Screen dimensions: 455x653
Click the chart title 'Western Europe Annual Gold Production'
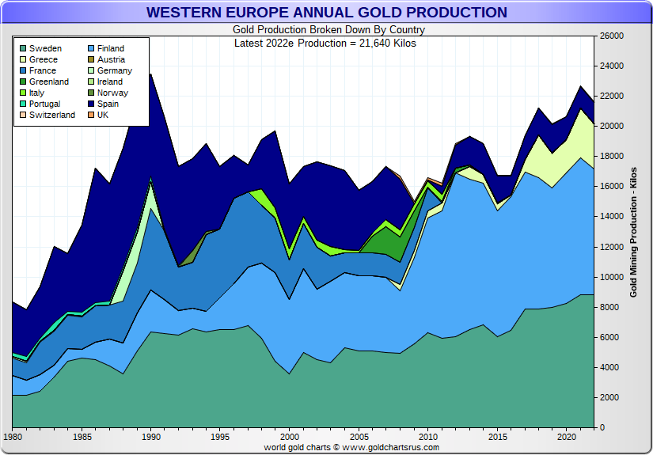point(327,13)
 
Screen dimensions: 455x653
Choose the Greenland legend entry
point(49,82)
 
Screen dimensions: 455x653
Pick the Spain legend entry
point(108,104)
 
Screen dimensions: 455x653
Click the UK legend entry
point(103,115)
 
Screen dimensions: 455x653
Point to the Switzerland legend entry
point(51,115)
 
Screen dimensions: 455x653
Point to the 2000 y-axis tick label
point(610,397)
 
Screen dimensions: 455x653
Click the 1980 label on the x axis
point(13,437)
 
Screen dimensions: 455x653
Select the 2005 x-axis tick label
point(359,437)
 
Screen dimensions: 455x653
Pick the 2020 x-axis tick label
point(566,437)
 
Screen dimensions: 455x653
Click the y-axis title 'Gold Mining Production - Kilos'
point(633,229)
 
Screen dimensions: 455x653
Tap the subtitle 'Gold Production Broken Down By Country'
point(325,30)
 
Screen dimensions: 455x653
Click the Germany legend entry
point(114,70)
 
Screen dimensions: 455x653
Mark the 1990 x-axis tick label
point(151,437)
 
